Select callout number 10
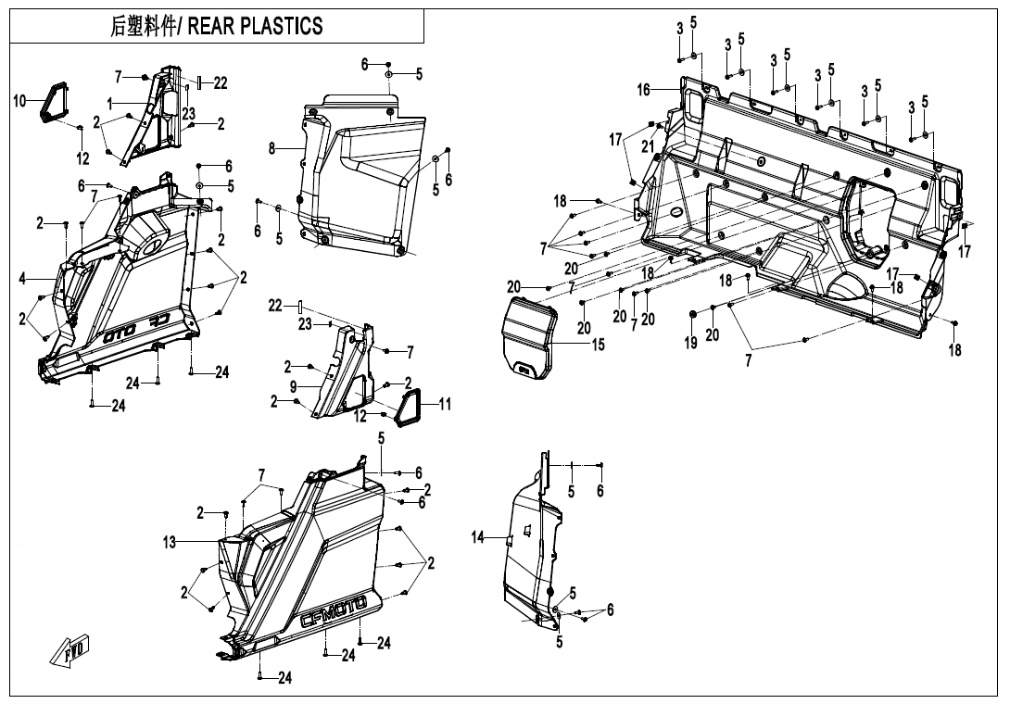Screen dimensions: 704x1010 [x=19, y=101]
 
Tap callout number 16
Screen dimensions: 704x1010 [x=644, y=90]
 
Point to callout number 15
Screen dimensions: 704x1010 [x=599, y=345]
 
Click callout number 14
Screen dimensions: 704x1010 [x=478, y=538]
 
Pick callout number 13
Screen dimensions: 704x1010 [x=170, y=543]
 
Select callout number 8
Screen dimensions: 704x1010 [x=272, y=147]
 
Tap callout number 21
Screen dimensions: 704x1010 [x=648, y=146]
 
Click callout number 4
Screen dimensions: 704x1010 [x=22, y=279]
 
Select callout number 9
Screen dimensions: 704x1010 [x=293, y=385]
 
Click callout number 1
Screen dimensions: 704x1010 [x=109, y=103]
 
